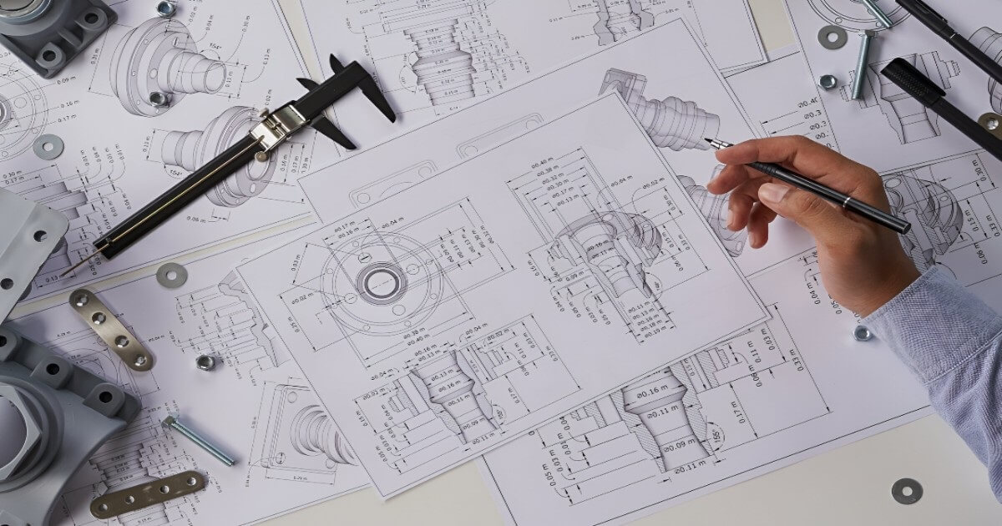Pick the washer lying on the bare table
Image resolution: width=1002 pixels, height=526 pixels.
click(x=906, y=490)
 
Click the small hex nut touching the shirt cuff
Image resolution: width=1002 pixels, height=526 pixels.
click(x=862, y=333)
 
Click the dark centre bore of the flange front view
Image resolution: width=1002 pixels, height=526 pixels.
click(x=382, y=282)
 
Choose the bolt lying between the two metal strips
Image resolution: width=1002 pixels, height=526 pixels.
click(x=199, y=439)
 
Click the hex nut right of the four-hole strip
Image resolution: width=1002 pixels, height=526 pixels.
click(x=205, y=362)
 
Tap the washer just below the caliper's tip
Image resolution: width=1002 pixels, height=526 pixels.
click(x=171, y=275)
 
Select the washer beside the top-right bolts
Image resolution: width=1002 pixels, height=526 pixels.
click(x=832, y=37)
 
